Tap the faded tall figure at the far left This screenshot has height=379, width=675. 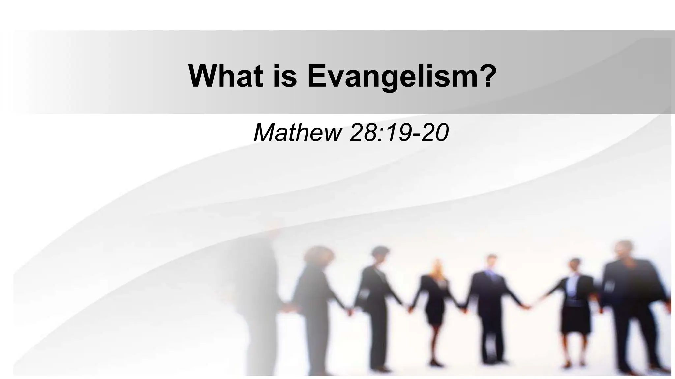(260, 290)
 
